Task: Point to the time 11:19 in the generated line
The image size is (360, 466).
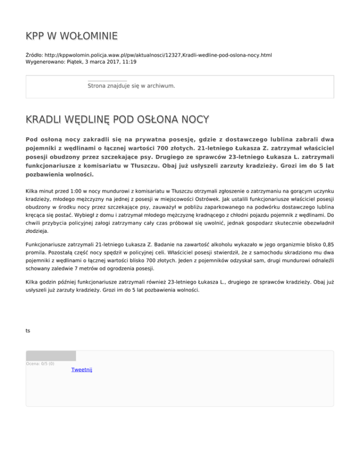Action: (129, 62)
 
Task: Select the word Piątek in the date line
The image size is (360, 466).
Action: (79, 62)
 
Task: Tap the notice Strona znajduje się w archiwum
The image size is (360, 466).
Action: (131, 86)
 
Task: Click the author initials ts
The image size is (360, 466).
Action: (28, 331)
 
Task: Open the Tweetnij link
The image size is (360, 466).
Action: (82, 370)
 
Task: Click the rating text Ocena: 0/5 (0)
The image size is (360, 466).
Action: (40, 363)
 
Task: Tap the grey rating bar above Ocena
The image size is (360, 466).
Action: (51, 356)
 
